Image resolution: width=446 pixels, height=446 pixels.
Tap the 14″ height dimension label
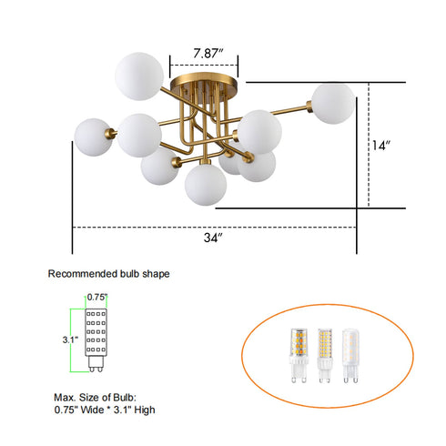click(x=382, y=145)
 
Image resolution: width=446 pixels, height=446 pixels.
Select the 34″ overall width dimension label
click(x=214, y=238)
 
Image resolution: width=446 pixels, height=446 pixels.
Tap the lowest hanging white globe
click(x=204, y=184)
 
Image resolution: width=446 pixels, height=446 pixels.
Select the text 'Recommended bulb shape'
click(x=108, y=273)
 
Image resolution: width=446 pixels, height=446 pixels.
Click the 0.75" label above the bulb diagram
click(x=98, y=297)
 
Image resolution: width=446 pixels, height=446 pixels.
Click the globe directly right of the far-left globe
click(x=138, y=135)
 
